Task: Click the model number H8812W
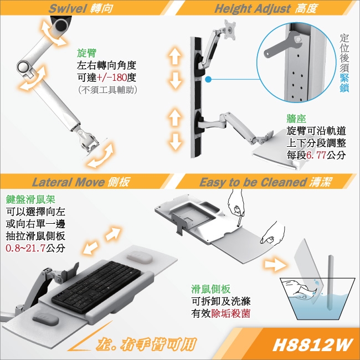point(313,344)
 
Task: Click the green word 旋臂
point(87,54)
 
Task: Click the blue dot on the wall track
point(207,80)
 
